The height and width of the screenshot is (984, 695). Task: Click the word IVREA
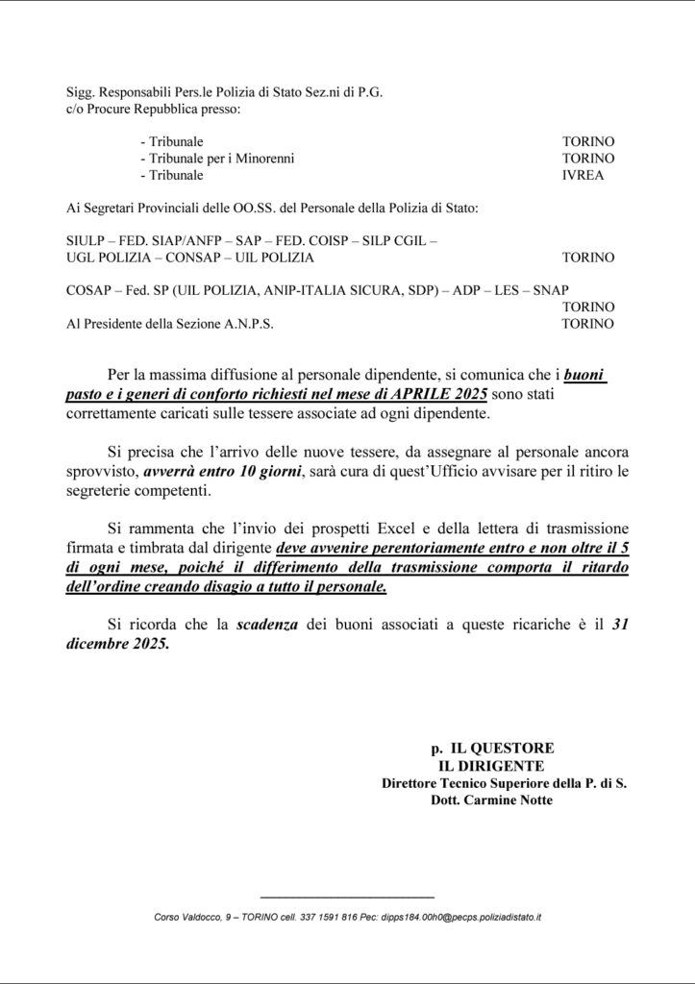pyautogui.click(x=583, y=176)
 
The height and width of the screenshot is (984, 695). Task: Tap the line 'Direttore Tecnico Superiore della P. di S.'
pyautogui.click(x=504, y=783)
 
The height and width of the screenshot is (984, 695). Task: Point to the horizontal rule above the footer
pyautogui.click(x=347, y=896)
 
